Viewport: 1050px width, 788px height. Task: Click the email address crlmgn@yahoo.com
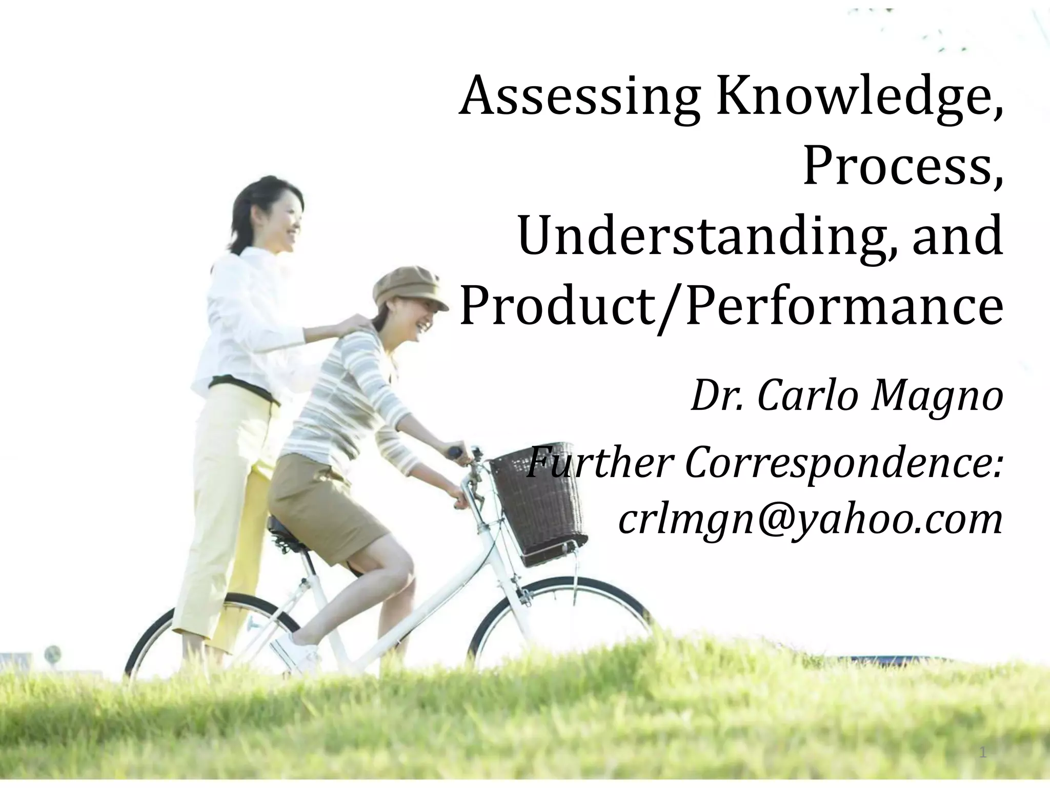(810, 521)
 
